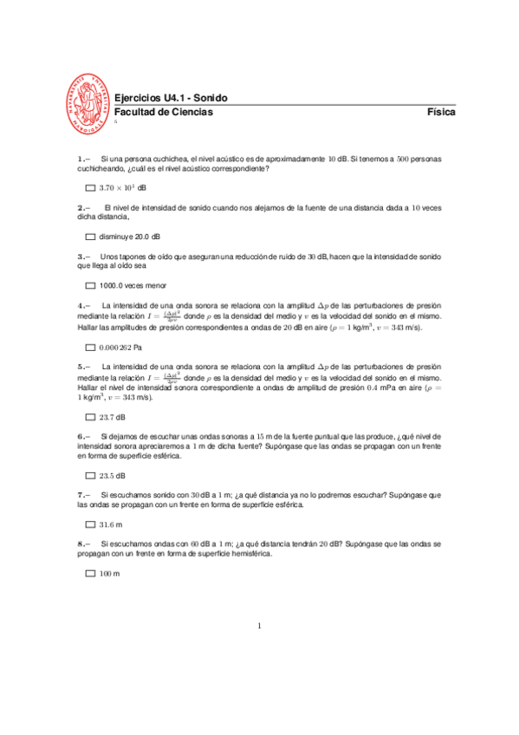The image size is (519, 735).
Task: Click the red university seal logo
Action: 89,102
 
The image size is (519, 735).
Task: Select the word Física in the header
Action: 441,113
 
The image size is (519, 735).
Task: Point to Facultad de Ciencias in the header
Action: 163,113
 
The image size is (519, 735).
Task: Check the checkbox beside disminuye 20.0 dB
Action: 90,237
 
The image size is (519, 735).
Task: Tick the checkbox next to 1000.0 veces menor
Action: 90,285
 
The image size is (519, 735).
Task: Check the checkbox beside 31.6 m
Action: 90,525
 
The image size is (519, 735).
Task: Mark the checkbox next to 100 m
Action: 90,574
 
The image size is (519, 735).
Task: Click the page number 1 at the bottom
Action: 259,626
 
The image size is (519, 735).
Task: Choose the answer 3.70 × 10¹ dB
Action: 122,188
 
